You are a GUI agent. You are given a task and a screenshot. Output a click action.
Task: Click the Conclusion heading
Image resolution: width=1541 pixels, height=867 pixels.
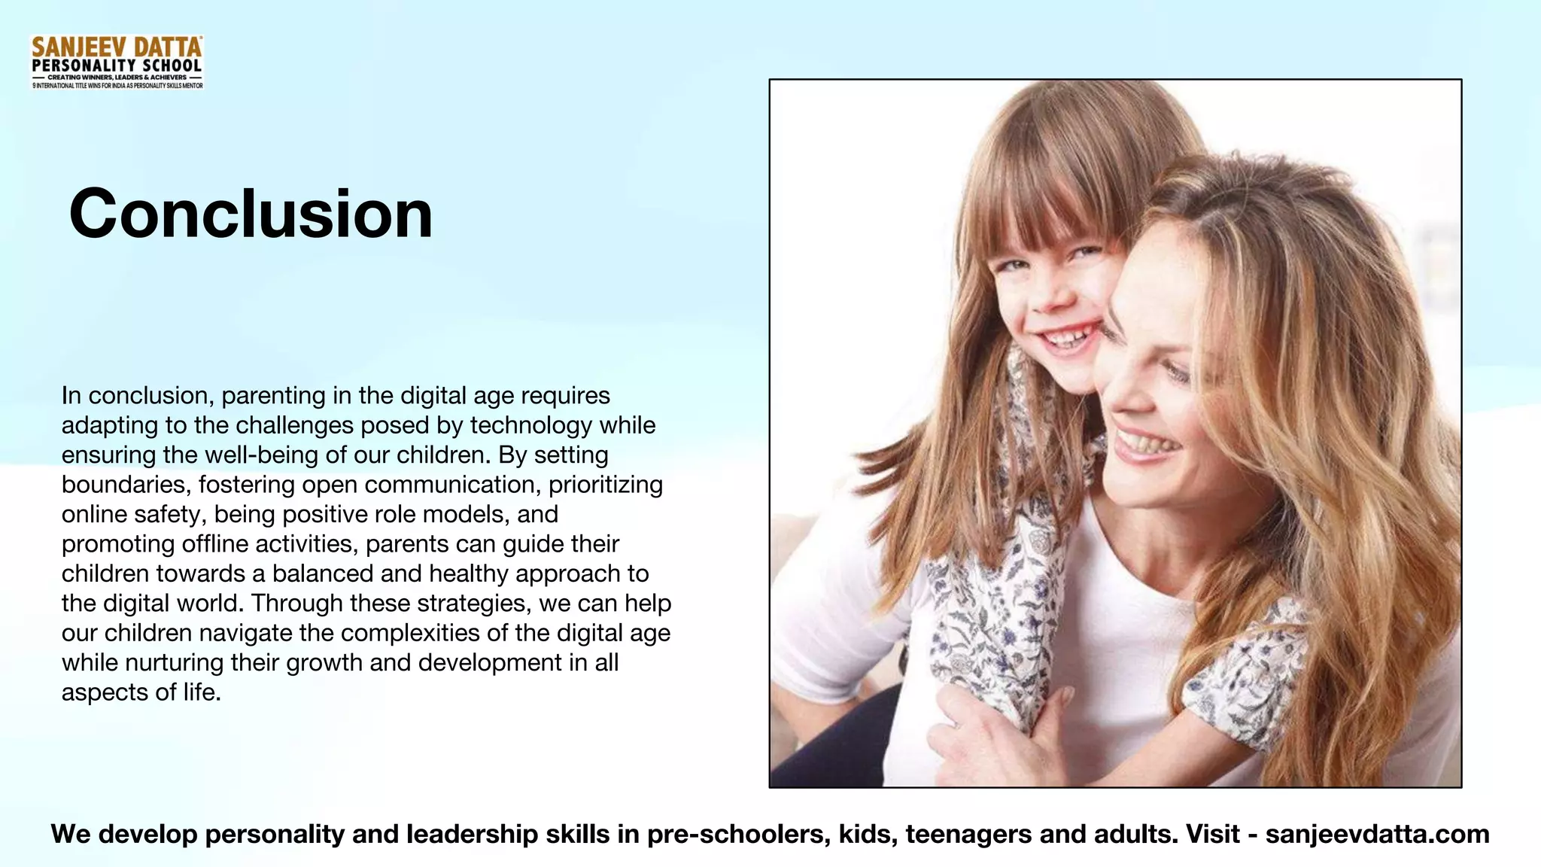(251, 214)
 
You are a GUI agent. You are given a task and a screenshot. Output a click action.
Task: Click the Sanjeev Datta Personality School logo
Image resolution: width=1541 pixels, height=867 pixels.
(117, 62)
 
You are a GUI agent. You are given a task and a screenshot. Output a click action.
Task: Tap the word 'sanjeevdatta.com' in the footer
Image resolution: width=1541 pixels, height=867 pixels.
(1377, 834)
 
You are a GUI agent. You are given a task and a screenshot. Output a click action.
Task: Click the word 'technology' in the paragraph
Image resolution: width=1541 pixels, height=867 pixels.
(531, 425)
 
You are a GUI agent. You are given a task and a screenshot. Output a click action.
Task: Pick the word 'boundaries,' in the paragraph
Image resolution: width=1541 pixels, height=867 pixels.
(126, 485)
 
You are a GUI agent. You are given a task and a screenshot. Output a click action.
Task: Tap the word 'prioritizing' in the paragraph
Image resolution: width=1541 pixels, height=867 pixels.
(606, 485)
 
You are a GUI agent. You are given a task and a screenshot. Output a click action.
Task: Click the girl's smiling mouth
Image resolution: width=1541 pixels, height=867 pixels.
(1067, 341)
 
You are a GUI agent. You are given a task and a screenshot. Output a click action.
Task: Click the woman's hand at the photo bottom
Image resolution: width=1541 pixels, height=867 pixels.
(993, 734)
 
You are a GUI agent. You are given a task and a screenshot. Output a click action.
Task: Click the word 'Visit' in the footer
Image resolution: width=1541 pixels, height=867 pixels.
(1212, 834)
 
